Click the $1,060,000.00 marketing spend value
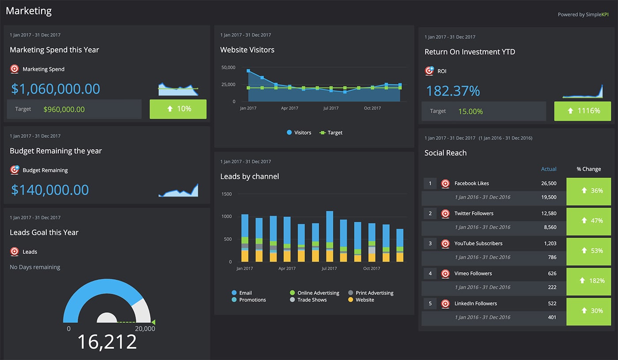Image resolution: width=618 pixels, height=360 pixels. (x=56, y=89)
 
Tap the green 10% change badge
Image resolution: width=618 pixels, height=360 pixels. (x=178, y=109)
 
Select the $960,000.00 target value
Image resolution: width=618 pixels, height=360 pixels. (x=64, y=109)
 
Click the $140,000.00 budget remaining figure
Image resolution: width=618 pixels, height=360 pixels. (x=50, y=190)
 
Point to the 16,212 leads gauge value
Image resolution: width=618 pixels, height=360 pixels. (x=107, y=342)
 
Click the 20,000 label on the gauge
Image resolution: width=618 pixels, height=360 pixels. (x=145, y=329)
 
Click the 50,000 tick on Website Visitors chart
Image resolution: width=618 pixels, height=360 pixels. (x=228, y=68)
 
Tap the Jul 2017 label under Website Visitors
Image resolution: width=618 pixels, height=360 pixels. (x=331, y=108)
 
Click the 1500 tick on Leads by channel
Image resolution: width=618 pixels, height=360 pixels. (x=226, y=194)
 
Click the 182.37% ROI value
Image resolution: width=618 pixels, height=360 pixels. (x=452, y=91)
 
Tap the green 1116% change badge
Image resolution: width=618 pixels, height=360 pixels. (x=583, y=111)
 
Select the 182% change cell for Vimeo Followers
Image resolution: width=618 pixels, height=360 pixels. (x=589, y=280)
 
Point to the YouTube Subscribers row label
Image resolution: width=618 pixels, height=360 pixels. (x=478, y=243)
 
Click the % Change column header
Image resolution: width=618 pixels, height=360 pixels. (x=588, y=169)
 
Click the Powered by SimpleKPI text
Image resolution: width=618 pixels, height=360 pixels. (x=583, y=15)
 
